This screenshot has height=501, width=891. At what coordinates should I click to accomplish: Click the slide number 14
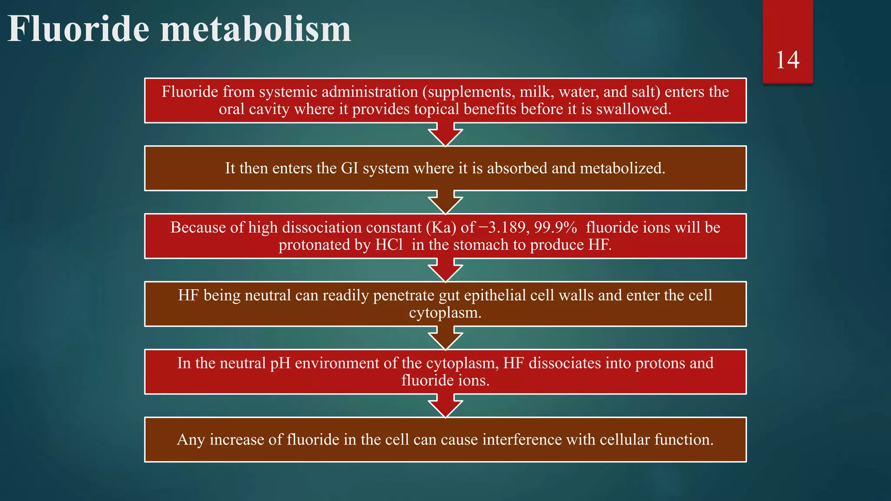click(787, 60)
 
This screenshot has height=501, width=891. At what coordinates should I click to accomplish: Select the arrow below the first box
click(445, 134)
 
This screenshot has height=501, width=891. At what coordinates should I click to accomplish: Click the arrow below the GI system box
click(445, 202)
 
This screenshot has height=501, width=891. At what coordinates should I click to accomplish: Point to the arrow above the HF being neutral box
click(445, 270)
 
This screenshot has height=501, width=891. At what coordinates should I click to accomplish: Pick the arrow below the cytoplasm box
click(445, 338)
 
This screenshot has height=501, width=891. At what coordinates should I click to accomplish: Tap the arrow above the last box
click(445, 406)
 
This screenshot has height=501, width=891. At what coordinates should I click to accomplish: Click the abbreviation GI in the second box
click(349, 168)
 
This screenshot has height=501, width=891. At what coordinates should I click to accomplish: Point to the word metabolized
click(623, 168)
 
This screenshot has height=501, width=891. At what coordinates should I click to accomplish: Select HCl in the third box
click(389, 245)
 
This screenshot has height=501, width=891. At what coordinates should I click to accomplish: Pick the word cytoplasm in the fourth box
click(445, 313)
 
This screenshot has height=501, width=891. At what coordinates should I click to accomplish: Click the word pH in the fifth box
click(280, 363)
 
